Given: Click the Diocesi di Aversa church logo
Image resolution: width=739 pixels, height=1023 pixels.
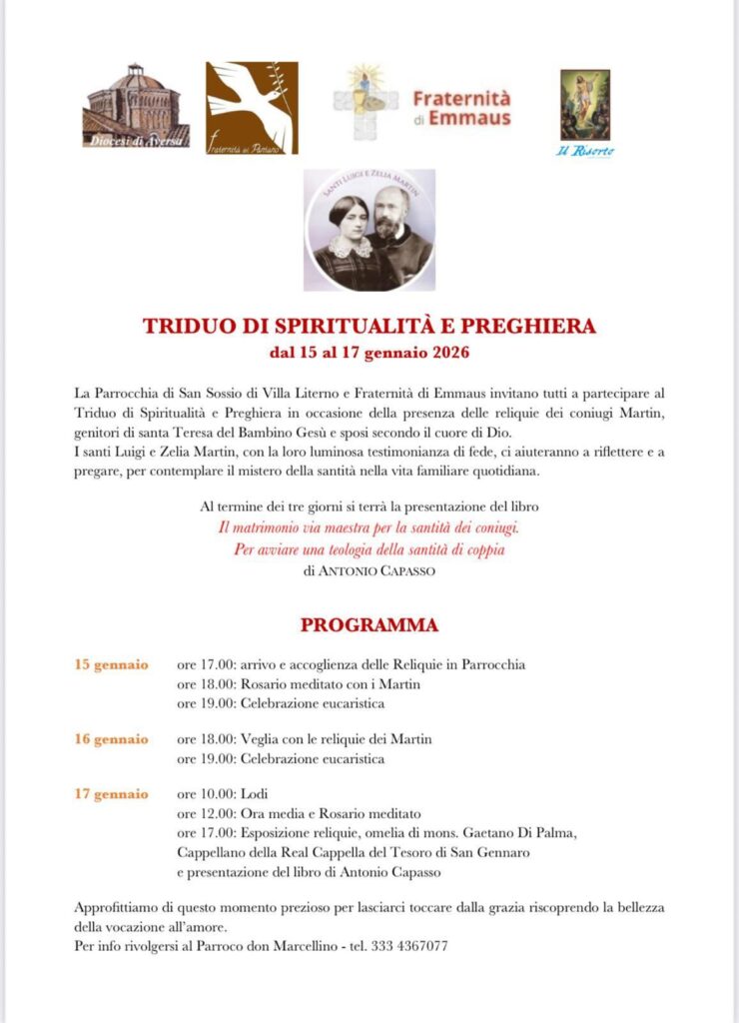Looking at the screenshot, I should (136, 106).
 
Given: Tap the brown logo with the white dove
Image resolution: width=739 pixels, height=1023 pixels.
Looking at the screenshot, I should (252, 108).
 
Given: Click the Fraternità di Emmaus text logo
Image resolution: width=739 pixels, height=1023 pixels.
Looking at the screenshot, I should (460, 108).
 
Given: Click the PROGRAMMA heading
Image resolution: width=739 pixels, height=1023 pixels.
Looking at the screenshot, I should (369, 626).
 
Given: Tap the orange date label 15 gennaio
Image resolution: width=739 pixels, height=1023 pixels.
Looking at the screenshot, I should (112, 664).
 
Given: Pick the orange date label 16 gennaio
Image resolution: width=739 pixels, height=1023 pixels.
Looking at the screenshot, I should (112, 739).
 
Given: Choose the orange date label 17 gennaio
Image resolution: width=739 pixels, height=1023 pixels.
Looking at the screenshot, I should (112, 794).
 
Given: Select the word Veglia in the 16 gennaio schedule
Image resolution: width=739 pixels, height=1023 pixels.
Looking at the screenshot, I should (261, 739).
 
